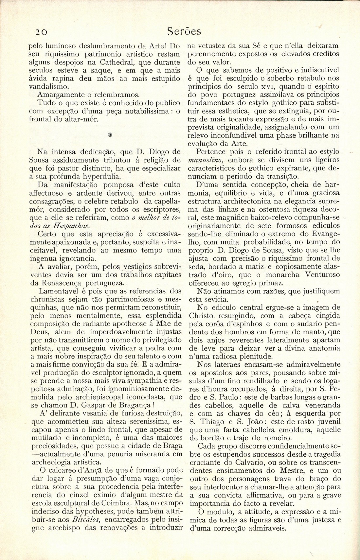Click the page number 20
pyautogui.click(x=42, y=31)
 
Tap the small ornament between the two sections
pyautogui.click(x=110, y=135)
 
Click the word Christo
pyautogui.click(x=202, y=316)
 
